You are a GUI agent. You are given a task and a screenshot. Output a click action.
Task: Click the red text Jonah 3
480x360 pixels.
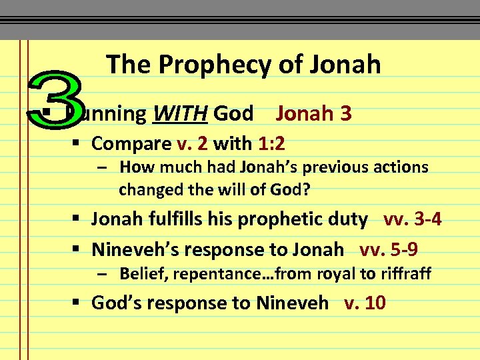[313, 113]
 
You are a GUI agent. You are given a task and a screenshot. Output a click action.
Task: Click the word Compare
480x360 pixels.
[131, 143]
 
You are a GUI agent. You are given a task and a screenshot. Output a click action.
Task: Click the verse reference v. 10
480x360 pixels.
[365, 303]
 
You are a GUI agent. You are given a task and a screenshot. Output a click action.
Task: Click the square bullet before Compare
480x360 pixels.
[80, 144]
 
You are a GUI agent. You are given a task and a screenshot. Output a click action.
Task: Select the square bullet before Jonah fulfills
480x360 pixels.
[80, 219]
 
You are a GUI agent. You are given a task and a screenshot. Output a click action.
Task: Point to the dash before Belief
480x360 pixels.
[102, 273]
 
